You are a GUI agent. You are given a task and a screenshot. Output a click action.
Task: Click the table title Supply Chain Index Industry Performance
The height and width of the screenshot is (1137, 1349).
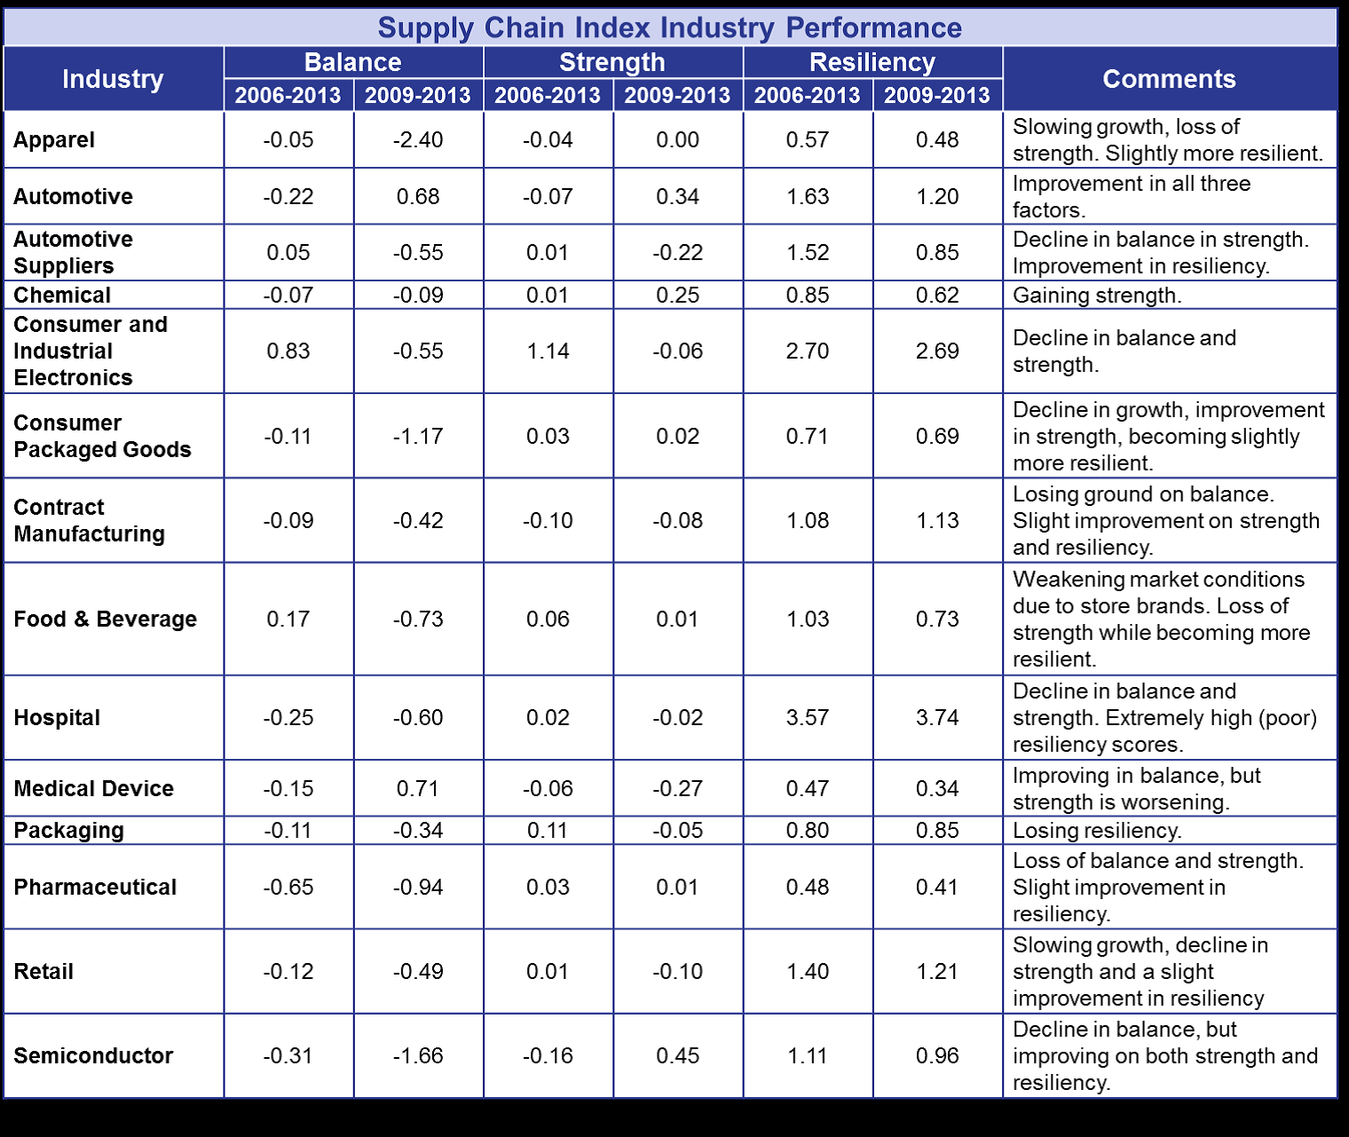(669, 28)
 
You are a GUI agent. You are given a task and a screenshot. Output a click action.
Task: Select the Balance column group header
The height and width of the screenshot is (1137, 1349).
(352, 62)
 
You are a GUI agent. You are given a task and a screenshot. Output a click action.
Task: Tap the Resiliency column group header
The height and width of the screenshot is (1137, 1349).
(872, 62)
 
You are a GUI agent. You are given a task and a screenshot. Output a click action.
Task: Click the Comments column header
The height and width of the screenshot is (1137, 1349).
(1169, 79)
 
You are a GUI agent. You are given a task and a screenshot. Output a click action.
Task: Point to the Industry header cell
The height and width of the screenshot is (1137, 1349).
(113, 79)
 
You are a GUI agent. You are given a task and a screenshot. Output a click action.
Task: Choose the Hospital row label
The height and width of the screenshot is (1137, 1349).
(57, 717)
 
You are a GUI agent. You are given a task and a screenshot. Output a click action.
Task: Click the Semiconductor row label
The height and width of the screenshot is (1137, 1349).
(93, 1055)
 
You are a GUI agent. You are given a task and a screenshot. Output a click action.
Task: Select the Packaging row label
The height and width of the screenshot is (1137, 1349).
(68, 830)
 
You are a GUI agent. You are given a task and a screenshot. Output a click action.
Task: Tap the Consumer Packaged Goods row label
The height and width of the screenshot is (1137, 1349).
(102, 436)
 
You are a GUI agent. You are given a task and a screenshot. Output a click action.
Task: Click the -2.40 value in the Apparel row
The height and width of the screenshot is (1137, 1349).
(418, 139)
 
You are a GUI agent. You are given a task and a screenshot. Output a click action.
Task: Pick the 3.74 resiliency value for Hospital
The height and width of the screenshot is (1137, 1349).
(937, 717)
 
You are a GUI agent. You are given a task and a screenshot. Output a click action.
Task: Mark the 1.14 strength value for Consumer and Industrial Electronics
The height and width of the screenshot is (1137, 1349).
(548, 351)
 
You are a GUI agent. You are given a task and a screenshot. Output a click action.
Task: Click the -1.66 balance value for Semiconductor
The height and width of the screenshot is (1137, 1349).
(418, 1055)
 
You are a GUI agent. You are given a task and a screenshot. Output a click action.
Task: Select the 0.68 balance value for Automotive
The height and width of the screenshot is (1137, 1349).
(418, 196)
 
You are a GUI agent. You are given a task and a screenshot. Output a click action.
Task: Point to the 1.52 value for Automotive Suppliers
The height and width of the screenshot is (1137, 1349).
(808, 252)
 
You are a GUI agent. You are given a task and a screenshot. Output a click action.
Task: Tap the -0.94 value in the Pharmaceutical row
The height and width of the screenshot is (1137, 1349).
(418, 887)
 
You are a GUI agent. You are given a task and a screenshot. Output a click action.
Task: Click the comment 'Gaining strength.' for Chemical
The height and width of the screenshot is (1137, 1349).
(1097, 295)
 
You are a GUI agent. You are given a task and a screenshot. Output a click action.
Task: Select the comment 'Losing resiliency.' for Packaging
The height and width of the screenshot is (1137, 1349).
(1097, 830)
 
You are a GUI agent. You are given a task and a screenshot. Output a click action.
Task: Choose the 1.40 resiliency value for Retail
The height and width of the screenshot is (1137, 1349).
(808, 971)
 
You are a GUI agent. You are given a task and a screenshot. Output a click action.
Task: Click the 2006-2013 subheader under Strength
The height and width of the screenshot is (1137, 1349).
(548, 95)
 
